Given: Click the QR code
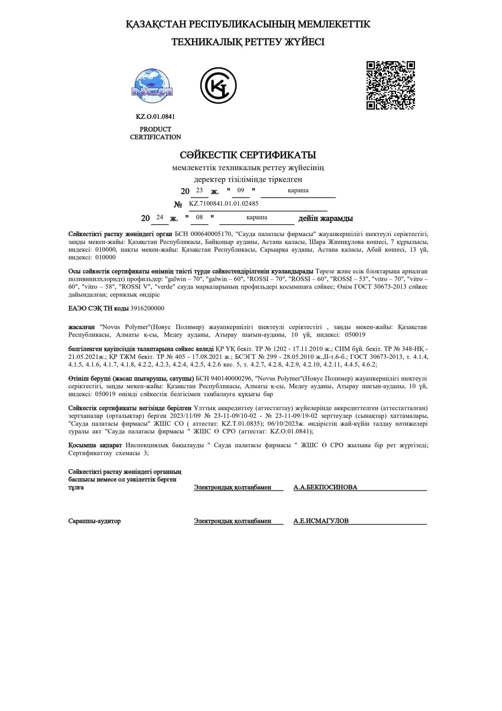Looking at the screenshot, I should click(390, 85).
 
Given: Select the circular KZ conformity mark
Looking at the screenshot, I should click(218, 85).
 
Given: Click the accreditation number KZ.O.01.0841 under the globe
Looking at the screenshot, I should click(155, 117).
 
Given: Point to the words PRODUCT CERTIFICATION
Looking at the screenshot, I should click(155, 133).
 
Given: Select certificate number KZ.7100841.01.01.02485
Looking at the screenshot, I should click(224, 204).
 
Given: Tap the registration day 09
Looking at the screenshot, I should click(240, 190).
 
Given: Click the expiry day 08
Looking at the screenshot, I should click(199, 217).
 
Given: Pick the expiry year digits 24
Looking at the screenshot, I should click(160, 217).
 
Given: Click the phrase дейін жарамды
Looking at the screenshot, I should click(326, 218).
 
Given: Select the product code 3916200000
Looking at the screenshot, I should click(147, 308).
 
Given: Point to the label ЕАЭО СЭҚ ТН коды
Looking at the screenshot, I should click(99, 308).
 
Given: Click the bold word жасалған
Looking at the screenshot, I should click(81, 327).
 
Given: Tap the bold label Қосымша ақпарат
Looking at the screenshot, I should click(95, 445).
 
